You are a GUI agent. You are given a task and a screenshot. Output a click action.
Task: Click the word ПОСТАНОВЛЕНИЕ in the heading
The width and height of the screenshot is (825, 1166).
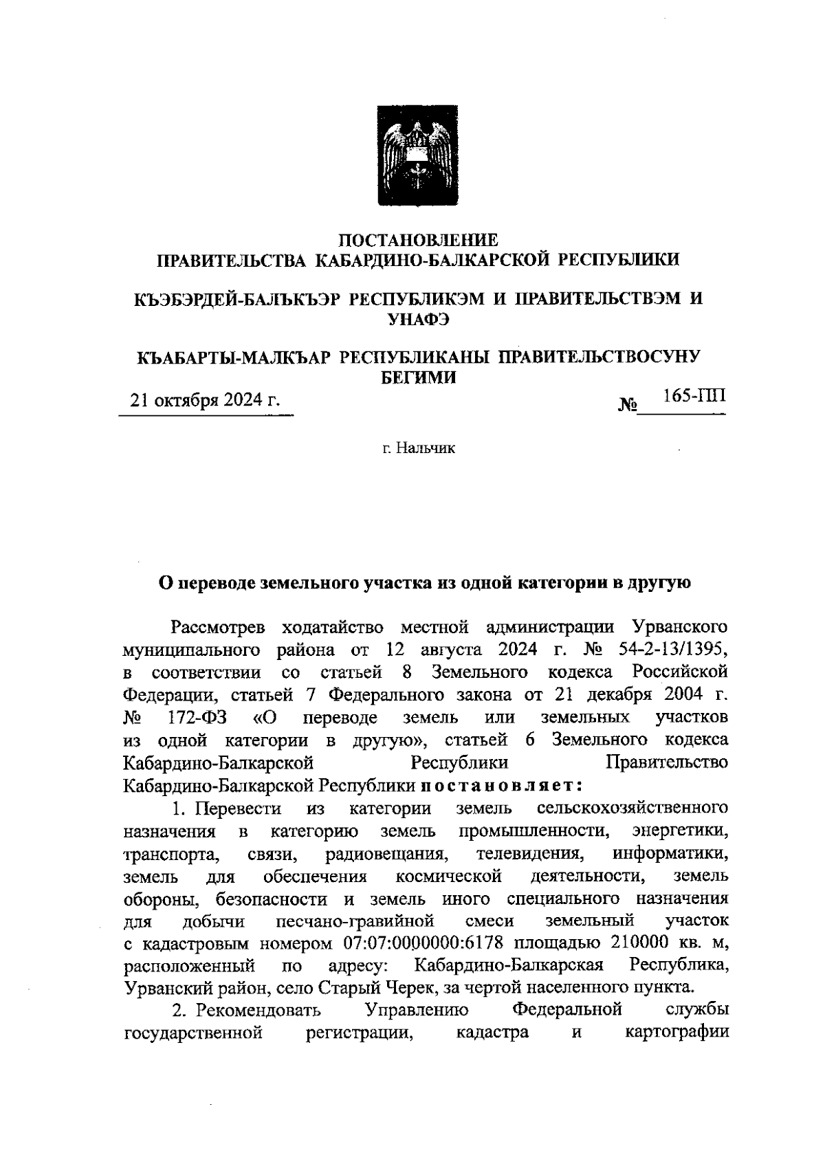coord(419,240)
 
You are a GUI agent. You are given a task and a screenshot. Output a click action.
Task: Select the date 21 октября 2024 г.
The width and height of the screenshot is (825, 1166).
coord(206,400)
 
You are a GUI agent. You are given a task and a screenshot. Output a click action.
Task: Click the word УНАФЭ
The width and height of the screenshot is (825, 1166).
coord(419,318)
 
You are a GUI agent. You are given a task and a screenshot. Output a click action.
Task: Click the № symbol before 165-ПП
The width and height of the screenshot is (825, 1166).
coord(628,406)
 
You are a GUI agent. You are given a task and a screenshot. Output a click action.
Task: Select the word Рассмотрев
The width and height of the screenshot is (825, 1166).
coord(219,627)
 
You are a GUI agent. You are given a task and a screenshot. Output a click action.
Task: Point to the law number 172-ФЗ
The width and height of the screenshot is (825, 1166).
coord(198,717)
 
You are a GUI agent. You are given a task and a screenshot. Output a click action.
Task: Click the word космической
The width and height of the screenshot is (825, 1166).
coord(448,877)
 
